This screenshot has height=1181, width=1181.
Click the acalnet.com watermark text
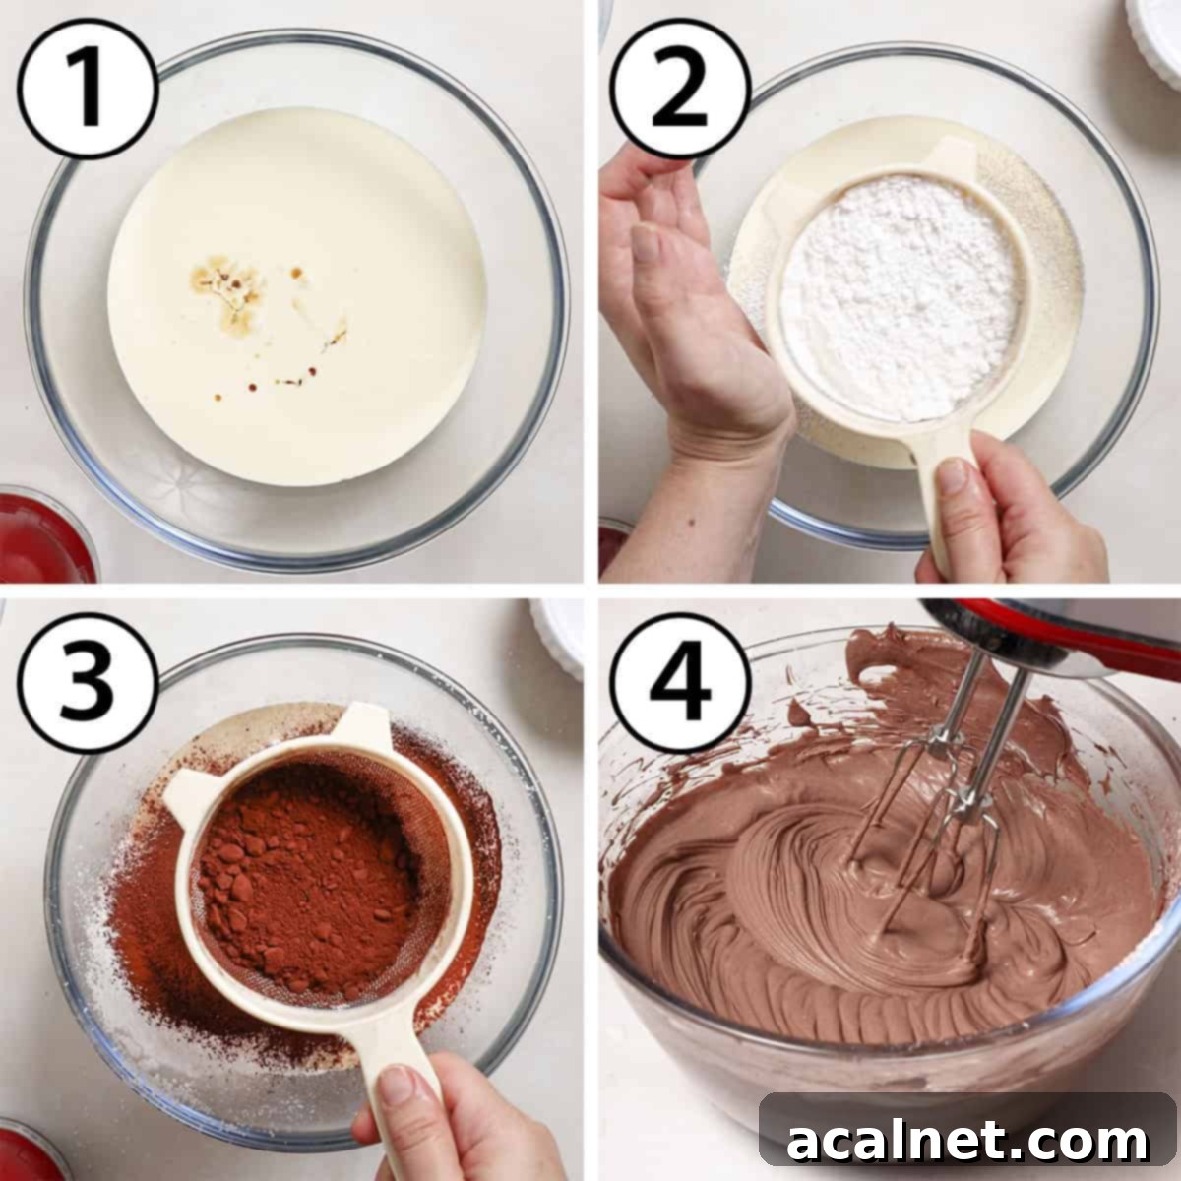pos(966,1141)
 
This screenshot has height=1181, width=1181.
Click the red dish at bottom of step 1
pos(39,536)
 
